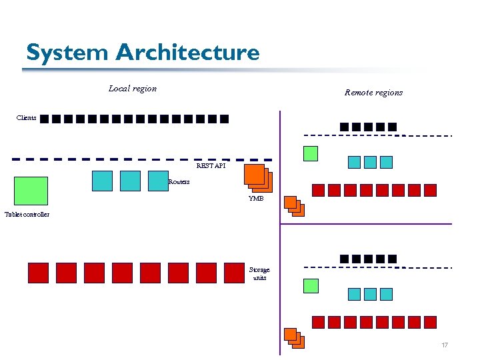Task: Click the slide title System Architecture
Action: coord(143,52)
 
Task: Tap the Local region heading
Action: coord(133,89)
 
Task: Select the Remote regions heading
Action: coord(373,93)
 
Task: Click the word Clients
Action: coord(27,118)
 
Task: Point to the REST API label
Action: coord(211,165)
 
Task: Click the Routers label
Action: coord(179,181)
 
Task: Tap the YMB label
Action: coord(256,198)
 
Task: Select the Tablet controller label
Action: coord(27,214)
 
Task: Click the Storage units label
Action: coord(259,273)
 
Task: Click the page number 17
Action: coord(445,345)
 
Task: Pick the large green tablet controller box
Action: coord(31,191)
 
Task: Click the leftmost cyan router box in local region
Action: coord(102,181)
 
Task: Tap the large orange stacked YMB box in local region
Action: coord(256,176)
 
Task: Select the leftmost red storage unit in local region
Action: coord(38,273)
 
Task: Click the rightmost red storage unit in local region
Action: coord(234,273)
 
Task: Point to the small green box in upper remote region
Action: coord(311,154)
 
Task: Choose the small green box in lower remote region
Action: coord(311,286)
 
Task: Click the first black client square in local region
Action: coord(44,119)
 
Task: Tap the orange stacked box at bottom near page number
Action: coord(293,338)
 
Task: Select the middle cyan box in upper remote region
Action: coord(370,162)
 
